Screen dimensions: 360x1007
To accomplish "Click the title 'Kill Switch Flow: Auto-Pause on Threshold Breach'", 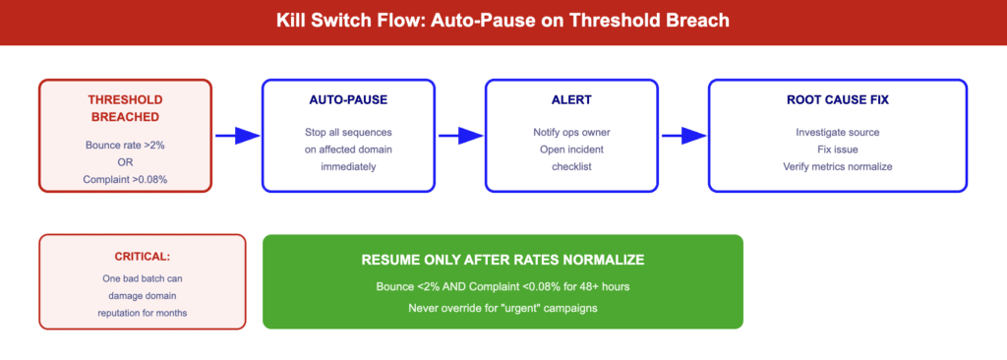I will pos(503,22).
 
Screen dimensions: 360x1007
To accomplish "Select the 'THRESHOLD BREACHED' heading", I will pos(125,108).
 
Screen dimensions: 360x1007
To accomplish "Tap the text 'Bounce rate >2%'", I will pos(125,145).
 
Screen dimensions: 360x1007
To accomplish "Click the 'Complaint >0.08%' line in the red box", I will pos(125,179).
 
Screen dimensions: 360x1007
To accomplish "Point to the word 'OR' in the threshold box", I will pos(125,162).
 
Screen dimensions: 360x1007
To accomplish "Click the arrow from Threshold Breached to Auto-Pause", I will pos(236,136).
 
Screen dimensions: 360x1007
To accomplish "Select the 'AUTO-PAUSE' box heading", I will pos(347,99).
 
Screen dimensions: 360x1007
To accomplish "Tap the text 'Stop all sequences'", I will pos(347,132).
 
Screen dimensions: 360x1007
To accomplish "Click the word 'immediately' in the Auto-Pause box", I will pos(347,167).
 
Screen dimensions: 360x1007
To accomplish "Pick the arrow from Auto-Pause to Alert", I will pos(459,136).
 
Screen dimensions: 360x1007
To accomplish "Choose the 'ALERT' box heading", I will pos(570,99).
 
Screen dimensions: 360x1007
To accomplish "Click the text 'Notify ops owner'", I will pos(570,132).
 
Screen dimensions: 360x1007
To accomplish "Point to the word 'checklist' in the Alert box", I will pos(570,167).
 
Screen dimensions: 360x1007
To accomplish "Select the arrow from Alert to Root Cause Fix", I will pos(682,136).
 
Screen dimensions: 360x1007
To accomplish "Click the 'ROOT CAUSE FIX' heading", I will pos(837,99).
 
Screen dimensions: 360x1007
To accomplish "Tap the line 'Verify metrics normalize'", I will pos(837,167).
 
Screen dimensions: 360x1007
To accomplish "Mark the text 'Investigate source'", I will pos(837,132).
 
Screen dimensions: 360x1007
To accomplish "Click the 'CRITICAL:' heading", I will pos(142,256).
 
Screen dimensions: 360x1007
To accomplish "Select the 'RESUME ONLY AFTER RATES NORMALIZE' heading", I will pos(503,260).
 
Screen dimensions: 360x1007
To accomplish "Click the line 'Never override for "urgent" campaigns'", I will pos(503,308).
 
